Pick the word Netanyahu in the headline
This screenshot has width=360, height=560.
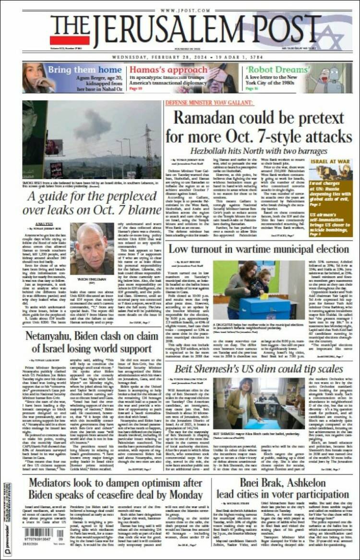[53, 336]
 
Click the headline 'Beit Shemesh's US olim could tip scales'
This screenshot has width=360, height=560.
[259, 369]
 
